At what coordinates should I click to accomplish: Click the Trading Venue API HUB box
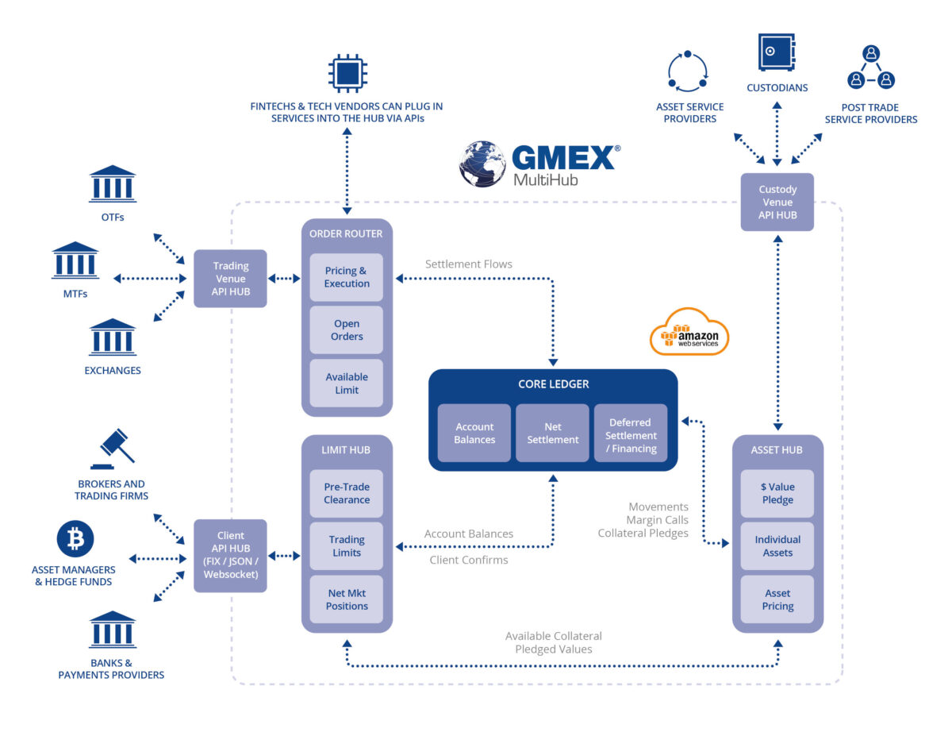coord(230,279)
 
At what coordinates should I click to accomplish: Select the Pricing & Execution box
coord(347,277)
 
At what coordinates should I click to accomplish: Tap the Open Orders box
coord(347,330)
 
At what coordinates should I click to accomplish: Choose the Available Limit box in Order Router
coord(347,383)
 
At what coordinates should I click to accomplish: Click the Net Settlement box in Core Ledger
coord(552,433)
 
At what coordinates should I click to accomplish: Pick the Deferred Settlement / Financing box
coord(631,433)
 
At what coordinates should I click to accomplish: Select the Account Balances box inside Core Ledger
coord(474,433)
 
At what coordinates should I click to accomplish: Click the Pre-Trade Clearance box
coord(347,493)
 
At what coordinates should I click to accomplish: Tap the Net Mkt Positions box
coord(347,599)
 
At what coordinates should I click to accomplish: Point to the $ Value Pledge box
coord(777,493)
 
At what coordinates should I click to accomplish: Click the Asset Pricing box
coord(777,599)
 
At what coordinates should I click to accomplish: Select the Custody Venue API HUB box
coord(777,202)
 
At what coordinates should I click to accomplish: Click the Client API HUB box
coord(230,555)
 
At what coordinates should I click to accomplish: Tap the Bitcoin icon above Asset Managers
coord(75,539)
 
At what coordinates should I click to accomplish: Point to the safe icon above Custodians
coord(776,52)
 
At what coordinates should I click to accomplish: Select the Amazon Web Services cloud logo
coord(689,332)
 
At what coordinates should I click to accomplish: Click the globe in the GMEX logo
coord(482,164)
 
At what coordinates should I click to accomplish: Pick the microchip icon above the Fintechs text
coord(347,72)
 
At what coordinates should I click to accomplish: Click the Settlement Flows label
coord(468,264)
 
